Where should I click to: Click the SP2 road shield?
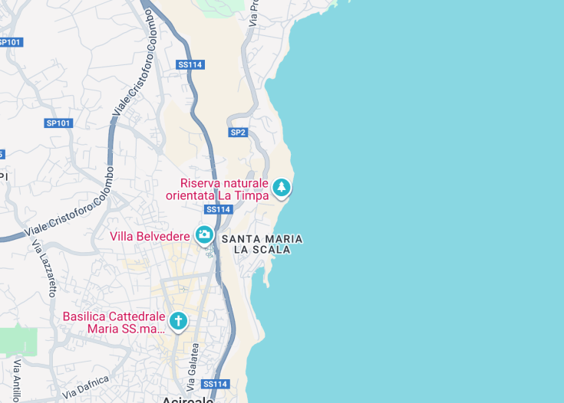238,133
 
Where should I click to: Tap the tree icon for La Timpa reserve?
282,188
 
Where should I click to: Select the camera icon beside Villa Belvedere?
204,235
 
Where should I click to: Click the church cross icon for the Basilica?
178,321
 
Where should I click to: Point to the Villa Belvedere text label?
150,235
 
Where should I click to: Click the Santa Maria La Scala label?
262,244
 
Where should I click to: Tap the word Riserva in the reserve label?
203,183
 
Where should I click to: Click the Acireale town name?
187,399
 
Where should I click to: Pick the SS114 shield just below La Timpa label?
218,209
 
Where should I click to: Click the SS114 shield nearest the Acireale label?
216,384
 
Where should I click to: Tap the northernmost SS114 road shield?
190,65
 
